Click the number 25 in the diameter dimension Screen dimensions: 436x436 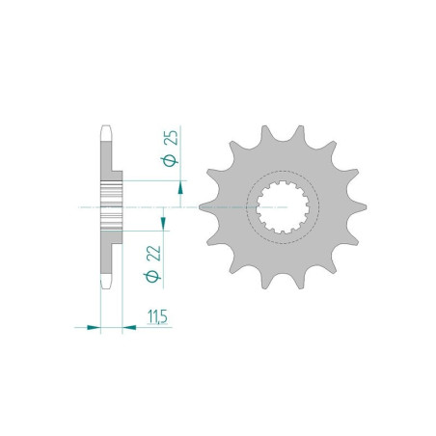(172, 138)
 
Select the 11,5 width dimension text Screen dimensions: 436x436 (153, 316)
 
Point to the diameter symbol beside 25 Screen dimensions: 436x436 (172, 161)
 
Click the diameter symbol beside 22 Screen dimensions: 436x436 (153, 278)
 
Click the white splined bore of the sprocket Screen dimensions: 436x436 (285, 207)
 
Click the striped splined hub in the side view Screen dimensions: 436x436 (111, 205)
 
